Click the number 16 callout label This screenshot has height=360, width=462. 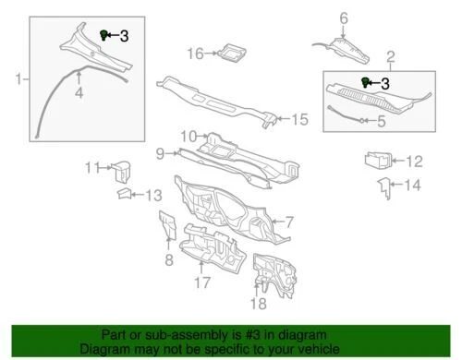pos(194,54)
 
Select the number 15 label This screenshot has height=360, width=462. pos(298,119)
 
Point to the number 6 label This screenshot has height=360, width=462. pos(343,18)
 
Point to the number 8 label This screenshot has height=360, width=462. pos(168,261)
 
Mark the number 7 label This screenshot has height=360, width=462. pos(287,222)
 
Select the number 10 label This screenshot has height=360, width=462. pos(188,136)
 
